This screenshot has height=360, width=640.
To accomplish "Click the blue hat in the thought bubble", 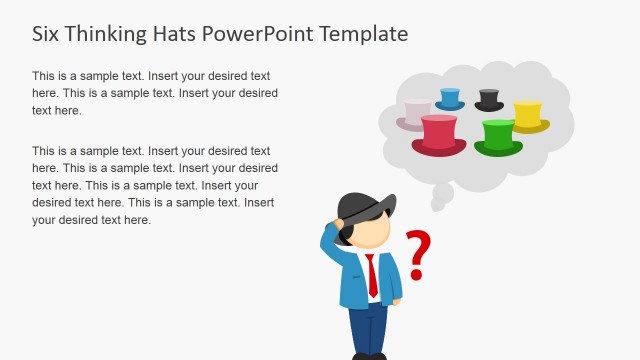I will pyautogui.click(x=450, y=99).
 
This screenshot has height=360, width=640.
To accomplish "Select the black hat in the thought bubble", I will pyautogui.click(x=489, y=100).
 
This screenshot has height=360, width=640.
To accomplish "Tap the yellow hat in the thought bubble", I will pyautogui.click(x=528, y=116).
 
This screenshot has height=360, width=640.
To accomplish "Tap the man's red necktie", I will pyautogui.click(x=372, y=275).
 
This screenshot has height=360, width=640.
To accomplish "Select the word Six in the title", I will pyautogui.click(x=47, y=33).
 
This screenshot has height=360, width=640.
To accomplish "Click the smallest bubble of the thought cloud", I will pyautogui.click(x=437, y=205).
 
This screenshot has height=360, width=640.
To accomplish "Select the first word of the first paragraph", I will pyautogui.click(x=45, y=76).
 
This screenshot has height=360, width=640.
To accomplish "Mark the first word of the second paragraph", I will pyautogui.click(x=45, y=151).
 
